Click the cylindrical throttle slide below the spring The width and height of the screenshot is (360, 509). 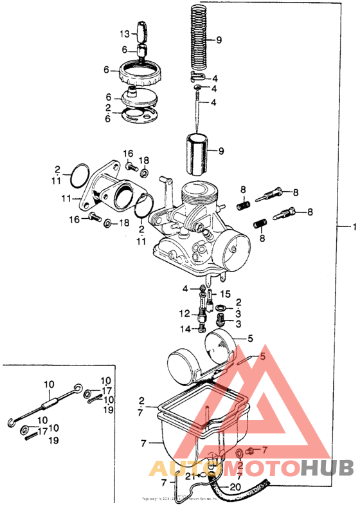tap(199, 153)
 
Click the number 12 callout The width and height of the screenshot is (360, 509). tap(184, 313)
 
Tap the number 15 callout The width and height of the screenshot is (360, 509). tap(225, 294)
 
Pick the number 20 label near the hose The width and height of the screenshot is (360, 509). tap(236, 486)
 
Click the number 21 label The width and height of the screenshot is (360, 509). tap(189, 477)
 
